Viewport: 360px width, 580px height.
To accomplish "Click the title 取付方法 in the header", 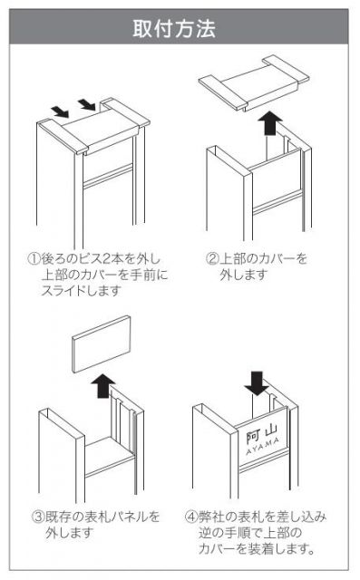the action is pyautogui.click(x=174, y=28).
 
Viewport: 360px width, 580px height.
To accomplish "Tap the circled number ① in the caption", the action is pyautogui.click(x=34, y=258).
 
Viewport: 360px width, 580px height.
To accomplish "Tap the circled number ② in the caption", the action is pyautogui.click(x=213, y=258).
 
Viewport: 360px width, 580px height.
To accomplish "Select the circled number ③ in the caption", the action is pyautogui.click(x=38, y=517).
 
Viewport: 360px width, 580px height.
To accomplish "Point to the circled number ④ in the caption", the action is pyautogui.click(x=191, y=517).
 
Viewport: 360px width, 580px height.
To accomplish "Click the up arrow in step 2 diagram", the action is pyautogui.click(x=270, y=124).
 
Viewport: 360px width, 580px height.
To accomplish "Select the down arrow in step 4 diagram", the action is pyautogui.click(x=257, y=383).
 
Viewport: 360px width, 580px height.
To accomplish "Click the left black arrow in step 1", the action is pyautogui.click(x=60, y=111).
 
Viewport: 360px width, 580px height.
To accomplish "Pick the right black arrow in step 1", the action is pyautogui.click(x=87, y=104).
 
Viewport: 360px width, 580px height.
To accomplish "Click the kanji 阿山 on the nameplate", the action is pyautogui.click(x=262, y=433).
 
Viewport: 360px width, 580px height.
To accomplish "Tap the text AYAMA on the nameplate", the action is pyautogui.click(x=263, y=447).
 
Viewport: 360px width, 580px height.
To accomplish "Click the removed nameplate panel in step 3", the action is pyautogui.click(x=102, y=343).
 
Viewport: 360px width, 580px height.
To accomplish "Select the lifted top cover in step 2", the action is pyautogui.click(x=254, y=82).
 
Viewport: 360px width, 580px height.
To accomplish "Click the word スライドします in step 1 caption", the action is pyautogui.click(x=82, y=291).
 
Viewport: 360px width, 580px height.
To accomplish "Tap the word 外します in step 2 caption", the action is pyautogui.click(x=244, y=275).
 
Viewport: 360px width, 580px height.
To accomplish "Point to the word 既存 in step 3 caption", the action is pyautogui.click(x=58, y=517).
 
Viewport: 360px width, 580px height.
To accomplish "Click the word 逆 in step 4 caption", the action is pyautogui.click(x=205, y=533).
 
